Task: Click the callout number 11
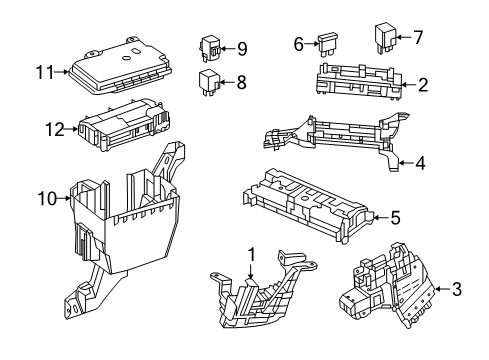pos(45,72)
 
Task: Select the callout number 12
pos(55,129)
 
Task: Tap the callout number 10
pos(48,199)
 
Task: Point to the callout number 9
pos(242,49)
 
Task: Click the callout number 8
pos(242,82)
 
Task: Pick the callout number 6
pos(299,44)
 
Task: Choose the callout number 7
pos(418,37)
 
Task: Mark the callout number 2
pos(423,85)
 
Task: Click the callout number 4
pos(421,163)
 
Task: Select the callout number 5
pos(395,218)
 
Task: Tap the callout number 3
pos(457,289)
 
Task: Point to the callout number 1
pos(251,255)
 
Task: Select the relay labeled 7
pos(385,38)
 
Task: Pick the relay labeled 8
pos(209,82)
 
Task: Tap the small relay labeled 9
pos(210,48)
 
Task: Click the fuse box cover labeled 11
pos(120,66)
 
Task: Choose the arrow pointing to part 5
pos(380,218)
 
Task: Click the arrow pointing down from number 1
pos(251,271)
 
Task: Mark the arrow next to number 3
pos(442,289)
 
